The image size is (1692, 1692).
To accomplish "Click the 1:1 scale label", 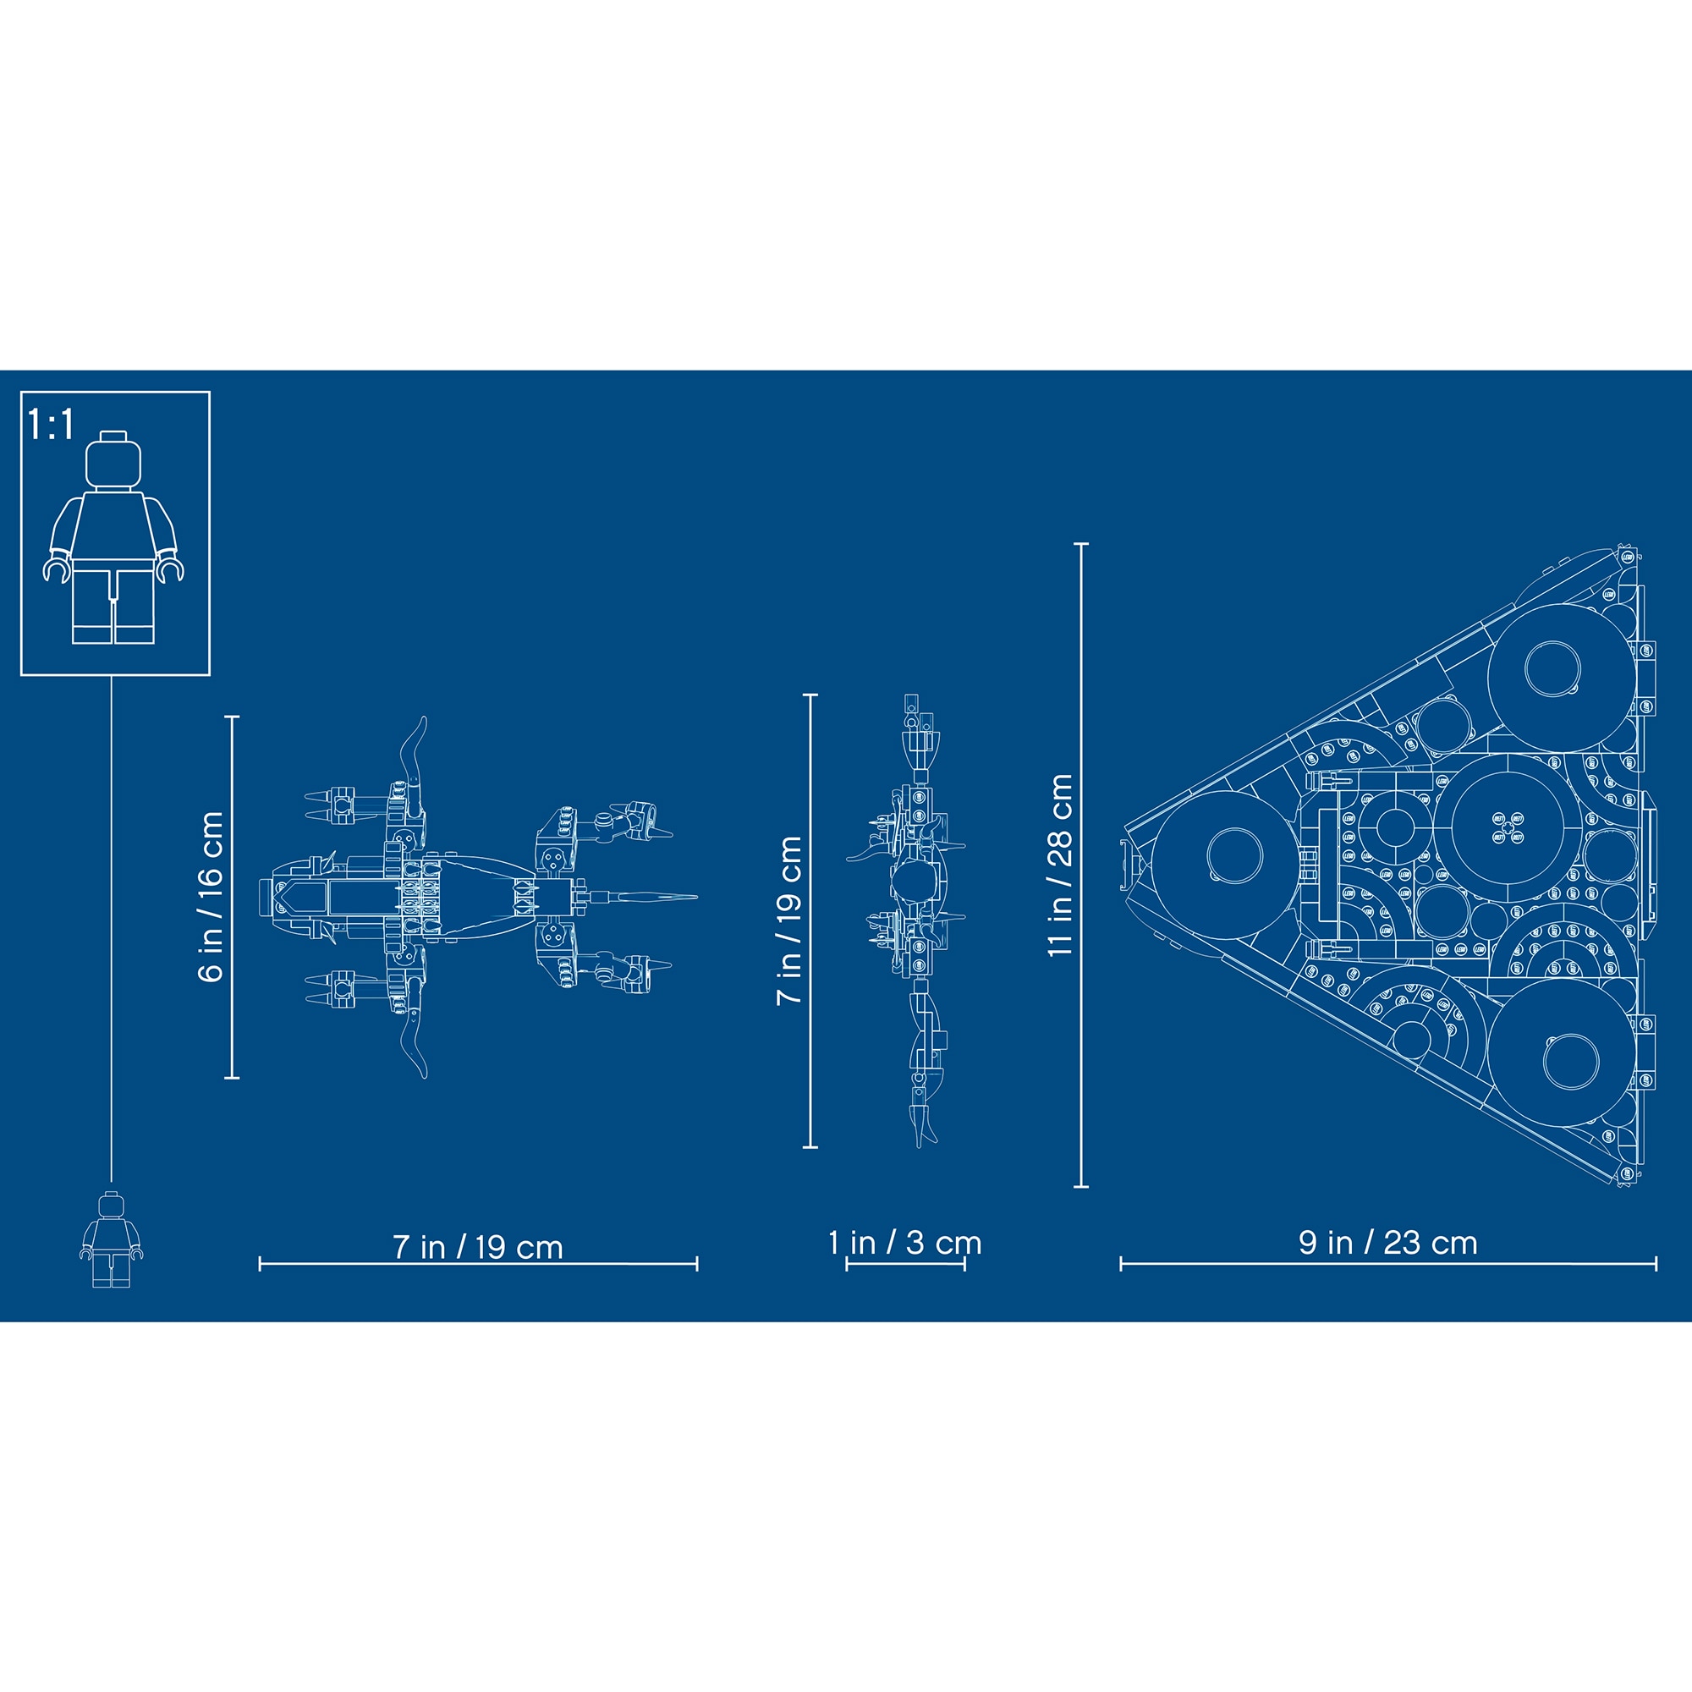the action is click(x=52, y=424).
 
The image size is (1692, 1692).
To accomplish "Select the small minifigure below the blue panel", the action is click(x=111, y=1240).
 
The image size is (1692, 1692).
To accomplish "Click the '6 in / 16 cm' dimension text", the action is click(x=212, y=897).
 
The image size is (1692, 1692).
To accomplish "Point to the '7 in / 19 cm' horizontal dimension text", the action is click(x=478, y=1247).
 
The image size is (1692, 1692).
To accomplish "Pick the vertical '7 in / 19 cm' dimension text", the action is click(x=790, y=920).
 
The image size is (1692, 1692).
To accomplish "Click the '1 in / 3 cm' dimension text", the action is click(x=905, y=1243).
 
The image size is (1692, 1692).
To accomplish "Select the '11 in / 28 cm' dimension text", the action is click(x=1061, y=865).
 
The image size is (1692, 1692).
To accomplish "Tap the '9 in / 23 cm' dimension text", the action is click(x=1389, y=1243).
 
